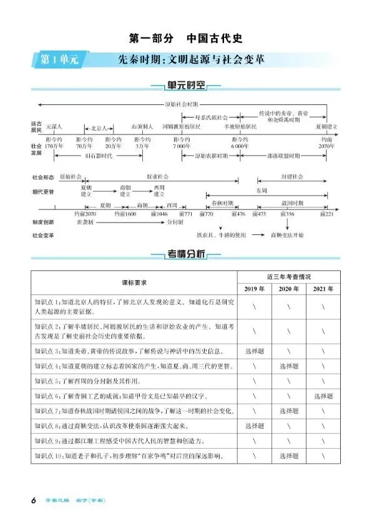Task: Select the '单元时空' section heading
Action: (186, 88)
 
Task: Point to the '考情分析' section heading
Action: (186, 254)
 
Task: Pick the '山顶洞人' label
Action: (142, 126)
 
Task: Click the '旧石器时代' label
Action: (98, 155)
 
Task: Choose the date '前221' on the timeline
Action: (326, 214)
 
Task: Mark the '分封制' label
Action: (174, 222)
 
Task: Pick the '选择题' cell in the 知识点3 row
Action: (255, 351)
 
